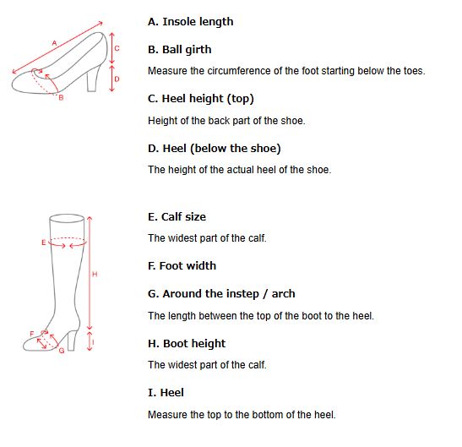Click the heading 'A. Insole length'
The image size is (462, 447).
pos(190,22)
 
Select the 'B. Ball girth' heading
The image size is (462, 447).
pos(179,50)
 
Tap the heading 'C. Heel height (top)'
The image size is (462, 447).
pos(201,99)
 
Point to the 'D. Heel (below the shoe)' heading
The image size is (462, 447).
pos(215,149)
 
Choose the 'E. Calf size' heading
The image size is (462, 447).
pos(177,216)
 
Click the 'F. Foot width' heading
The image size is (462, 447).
pos(182,265)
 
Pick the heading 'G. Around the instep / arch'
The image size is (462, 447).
pos(221,294)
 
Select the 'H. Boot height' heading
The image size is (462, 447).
pos(187,344)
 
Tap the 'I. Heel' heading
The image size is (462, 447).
pos(166,393)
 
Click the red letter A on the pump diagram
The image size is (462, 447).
pos(54,43)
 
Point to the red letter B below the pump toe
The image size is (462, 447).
pos(61,98)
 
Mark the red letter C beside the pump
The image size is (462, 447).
pos(117,48)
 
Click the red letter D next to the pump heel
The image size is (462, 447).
pos(117,79)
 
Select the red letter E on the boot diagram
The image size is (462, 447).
pos(44,243)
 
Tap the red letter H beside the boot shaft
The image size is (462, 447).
pos(95,275)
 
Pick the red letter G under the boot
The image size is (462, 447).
pos(62,351)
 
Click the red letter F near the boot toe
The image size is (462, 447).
pos(32,334)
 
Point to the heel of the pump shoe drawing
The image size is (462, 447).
pos(93,79)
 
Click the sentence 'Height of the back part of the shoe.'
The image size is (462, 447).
pos(226,121)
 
